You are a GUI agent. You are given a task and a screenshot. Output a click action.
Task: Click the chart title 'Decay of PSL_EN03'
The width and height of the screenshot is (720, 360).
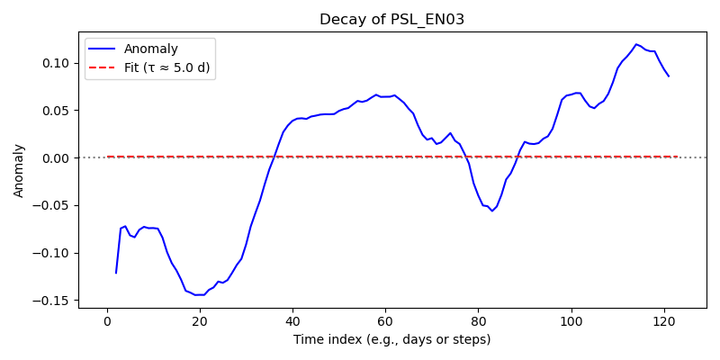pos(392,20)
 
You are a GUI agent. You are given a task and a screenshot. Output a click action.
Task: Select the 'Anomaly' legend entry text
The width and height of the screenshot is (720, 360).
pos(150,49)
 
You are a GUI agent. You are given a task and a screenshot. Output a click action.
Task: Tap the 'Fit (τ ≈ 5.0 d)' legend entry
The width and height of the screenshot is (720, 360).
pos(166,68)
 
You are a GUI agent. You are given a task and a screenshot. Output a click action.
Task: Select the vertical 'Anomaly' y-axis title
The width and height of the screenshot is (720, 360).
pos(18,171)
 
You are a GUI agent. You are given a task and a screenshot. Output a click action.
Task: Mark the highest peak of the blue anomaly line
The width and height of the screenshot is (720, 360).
pos(636,44)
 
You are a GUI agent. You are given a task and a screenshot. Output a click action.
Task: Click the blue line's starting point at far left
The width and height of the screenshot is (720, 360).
pos(116,273)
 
